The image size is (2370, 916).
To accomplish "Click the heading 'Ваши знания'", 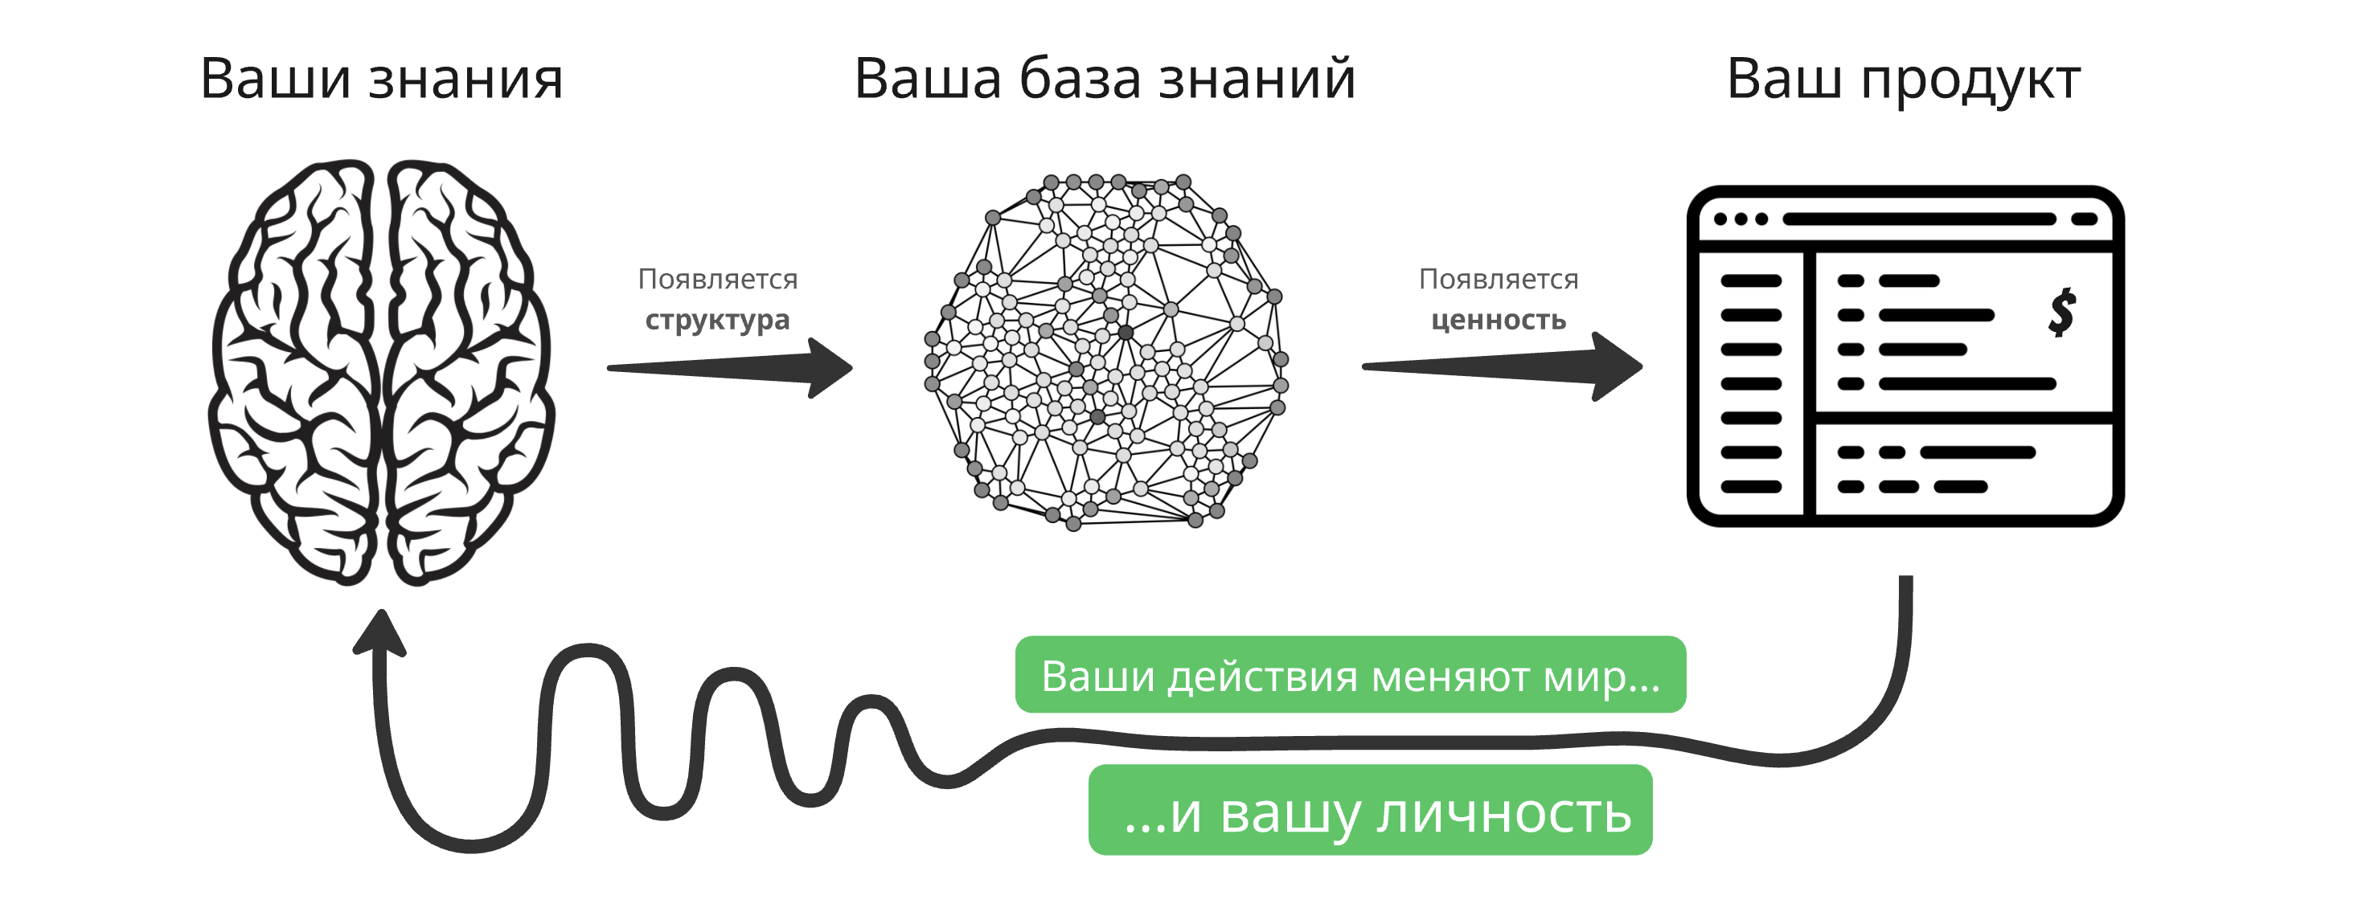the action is [381, 78].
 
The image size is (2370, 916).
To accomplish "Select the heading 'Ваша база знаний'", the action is [1105, 78].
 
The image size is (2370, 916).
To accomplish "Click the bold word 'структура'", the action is [718, 320].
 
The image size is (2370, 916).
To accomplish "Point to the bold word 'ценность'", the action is [1499, 320].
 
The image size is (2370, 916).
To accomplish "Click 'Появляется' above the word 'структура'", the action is [718, 279].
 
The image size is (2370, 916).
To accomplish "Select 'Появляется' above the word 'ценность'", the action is [1499, 279].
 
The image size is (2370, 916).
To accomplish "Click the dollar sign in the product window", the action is [2063, 313].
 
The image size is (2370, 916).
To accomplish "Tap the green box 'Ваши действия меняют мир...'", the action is [1351, 674].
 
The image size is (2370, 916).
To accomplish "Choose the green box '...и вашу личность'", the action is [1370, 810].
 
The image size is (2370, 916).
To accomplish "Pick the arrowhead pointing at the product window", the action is [1617, 367].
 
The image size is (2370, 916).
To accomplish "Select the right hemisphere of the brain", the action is [469, 374].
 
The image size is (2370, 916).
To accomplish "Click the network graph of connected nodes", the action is [1106, 352].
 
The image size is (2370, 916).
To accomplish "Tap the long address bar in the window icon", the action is [1919, 219].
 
